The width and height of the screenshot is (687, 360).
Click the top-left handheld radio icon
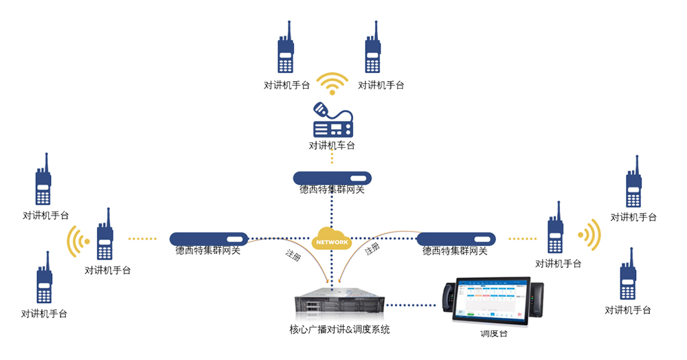coord(286,49)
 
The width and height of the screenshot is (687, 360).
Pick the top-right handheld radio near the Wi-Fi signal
coord(373,49)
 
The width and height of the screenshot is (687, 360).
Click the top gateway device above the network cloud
coord(332,178)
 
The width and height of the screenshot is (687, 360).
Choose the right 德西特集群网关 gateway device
coord(456,239)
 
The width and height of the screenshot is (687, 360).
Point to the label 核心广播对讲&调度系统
coord(339,330)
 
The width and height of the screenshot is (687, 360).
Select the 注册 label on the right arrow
coord(372,249)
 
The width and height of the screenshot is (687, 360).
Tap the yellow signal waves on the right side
coord(589,235)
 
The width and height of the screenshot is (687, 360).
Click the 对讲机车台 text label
coord(332,146)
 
